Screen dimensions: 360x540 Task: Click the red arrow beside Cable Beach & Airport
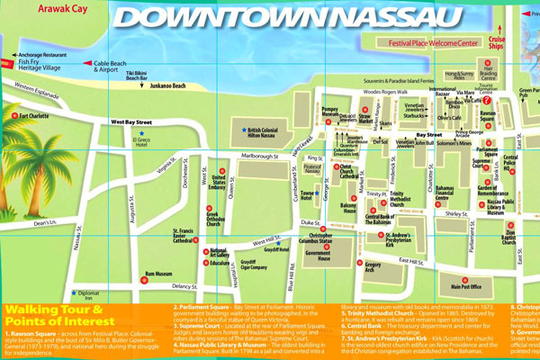tap(86, 63)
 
